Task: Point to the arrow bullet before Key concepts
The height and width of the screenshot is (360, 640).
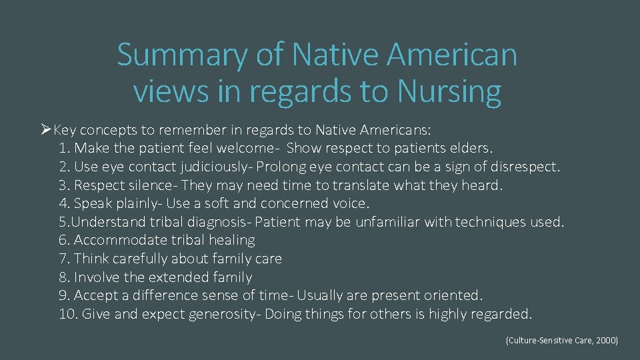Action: pos(45,129)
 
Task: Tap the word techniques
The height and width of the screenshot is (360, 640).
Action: pos(492,221)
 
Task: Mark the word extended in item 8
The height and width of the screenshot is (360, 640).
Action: pos(177,277)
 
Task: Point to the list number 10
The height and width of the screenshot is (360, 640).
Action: pos(67,313)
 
